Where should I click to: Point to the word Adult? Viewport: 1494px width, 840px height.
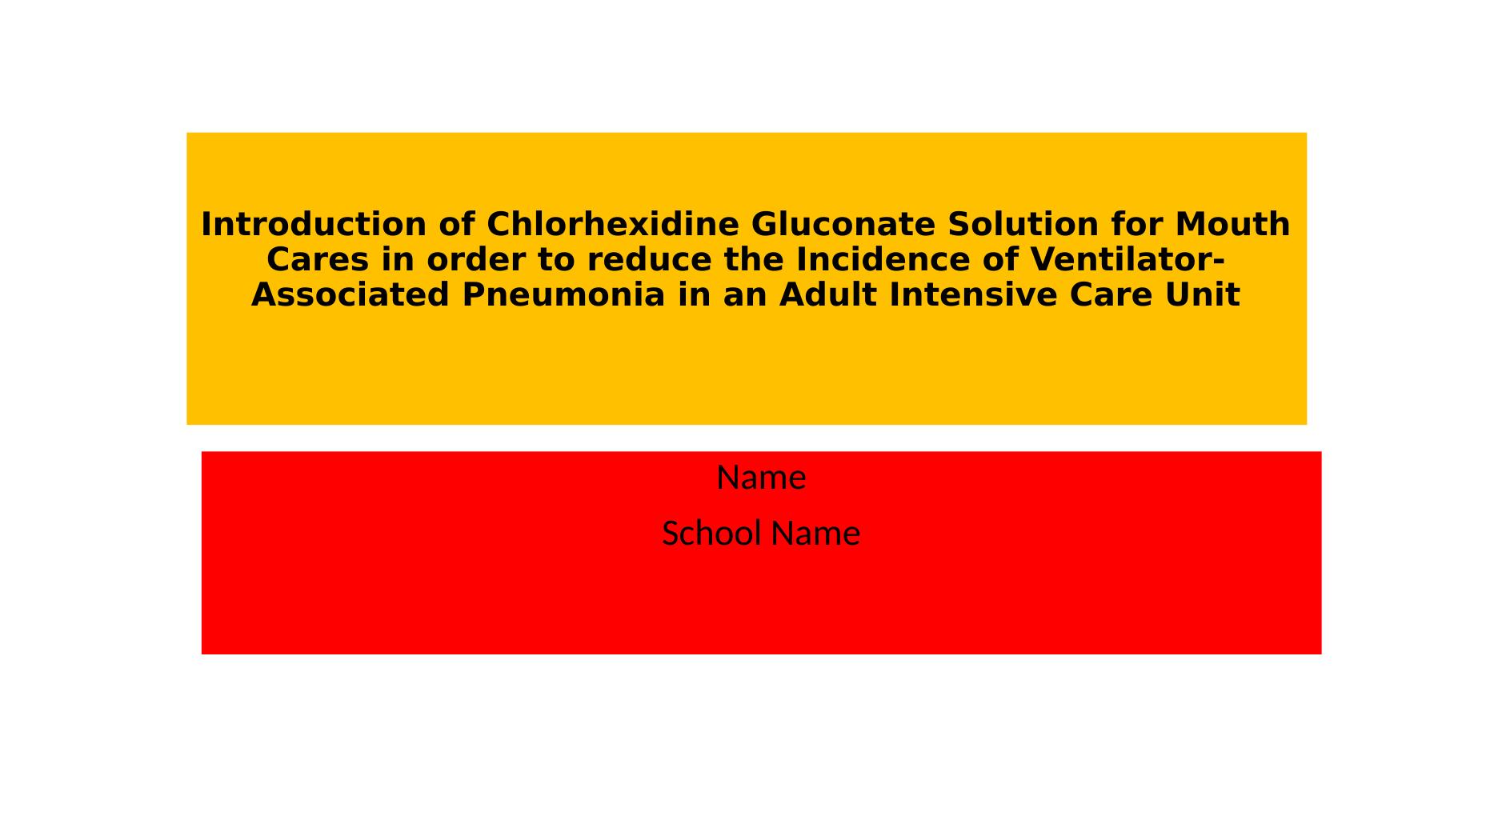827,295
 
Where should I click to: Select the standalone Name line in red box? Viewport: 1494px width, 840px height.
761,478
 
